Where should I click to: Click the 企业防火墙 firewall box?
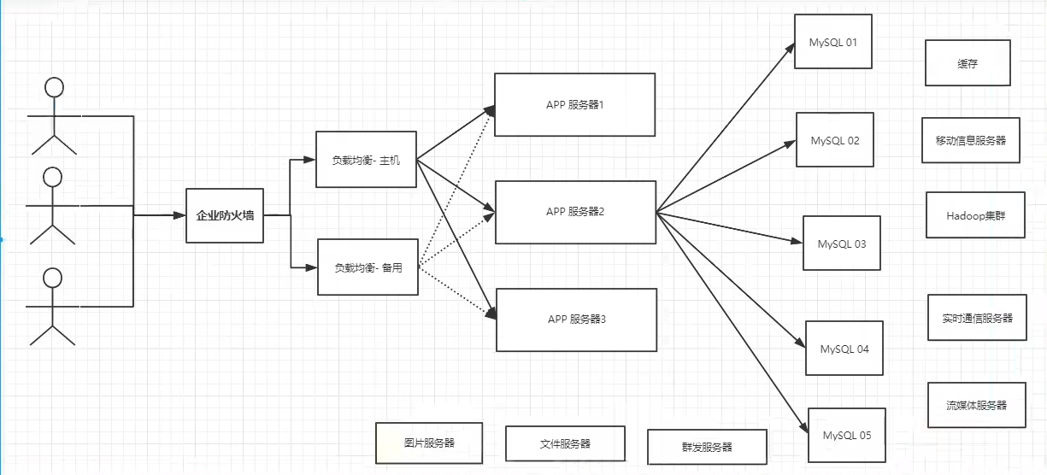tap(225, 215)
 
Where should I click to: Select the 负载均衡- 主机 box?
tap(366, 160)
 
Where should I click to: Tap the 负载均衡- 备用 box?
tap(368, 267)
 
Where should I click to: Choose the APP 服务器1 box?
tap(574, 104)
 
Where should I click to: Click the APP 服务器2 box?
tap(575, 212)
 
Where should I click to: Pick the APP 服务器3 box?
tap(576, 320)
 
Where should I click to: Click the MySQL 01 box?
tap(832, 41)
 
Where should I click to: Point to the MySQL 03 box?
tap(841, 243)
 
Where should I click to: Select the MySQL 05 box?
tap(847, 435)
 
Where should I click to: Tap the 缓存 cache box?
tap(968, 63)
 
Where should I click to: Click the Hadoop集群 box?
tap(975, 215)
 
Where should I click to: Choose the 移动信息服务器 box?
tap(971, 140)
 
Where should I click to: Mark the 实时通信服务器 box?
tap(977, 318)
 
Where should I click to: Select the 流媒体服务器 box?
tap(976, 405)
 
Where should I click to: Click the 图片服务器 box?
tap(429, 443)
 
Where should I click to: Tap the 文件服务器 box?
tap(565, 444)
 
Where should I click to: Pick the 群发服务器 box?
tap(707, 447)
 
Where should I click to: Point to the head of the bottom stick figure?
tap(53, 277)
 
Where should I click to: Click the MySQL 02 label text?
tap(835, 140)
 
